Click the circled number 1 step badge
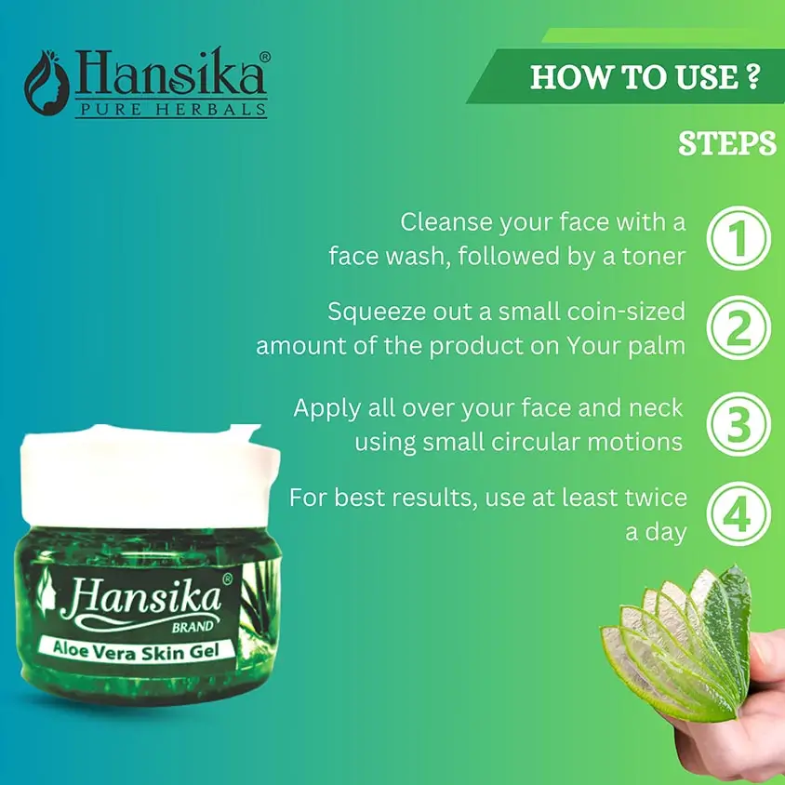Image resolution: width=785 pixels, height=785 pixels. [738, 238]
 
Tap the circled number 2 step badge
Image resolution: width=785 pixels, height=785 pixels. [738, 327]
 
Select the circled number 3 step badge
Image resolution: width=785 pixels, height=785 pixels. [738, 424]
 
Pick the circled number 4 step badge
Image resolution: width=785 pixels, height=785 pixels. [738, 513]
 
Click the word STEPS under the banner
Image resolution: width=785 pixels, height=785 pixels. [727, 143]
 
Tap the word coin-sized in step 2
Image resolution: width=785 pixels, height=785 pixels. [626, 313]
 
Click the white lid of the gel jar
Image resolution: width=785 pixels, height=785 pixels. [150, 475]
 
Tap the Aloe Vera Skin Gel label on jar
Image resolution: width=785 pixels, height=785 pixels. [136, 650]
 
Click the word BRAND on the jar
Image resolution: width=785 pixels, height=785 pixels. [193, 627]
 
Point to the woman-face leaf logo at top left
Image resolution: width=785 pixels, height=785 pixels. [47, 83]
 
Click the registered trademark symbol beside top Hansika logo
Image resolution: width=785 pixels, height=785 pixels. [265, 57]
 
